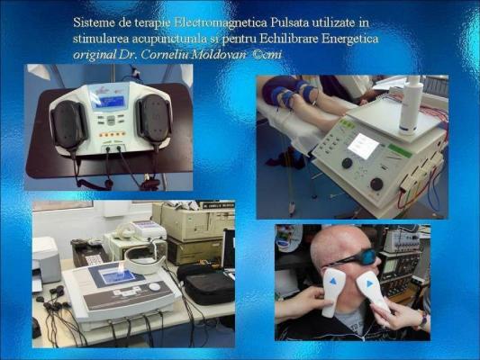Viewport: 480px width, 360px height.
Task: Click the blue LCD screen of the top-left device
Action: coord(109,101)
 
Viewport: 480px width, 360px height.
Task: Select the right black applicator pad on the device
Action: coord(154,120)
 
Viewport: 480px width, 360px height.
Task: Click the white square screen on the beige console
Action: coord(363,146)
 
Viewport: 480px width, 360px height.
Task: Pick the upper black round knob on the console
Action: coord(347,163)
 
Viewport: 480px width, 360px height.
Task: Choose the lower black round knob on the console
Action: coord(376,184)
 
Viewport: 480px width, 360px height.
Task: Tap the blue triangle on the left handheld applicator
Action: coord(333,281)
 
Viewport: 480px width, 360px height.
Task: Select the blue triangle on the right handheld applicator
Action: coord(370,283)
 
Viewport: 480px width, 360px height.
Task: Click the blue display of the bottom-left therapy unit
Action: coord(119,277)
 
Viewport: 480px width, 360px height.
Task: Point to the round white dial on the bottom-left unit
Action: coord(155,287)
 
